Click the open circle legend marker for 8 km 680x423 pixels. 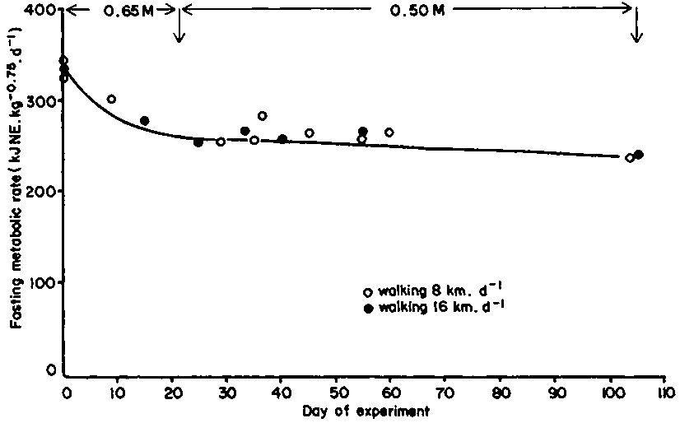369,292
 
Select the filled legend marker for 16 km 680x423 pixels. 369,308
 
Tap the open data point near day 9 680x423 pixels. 111,100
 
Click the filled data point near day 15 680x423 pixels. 144,121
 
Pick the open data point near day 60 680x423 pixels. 389,132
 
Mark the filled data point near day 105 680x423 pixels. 639,155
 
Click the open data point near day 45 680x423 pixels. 309,133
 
